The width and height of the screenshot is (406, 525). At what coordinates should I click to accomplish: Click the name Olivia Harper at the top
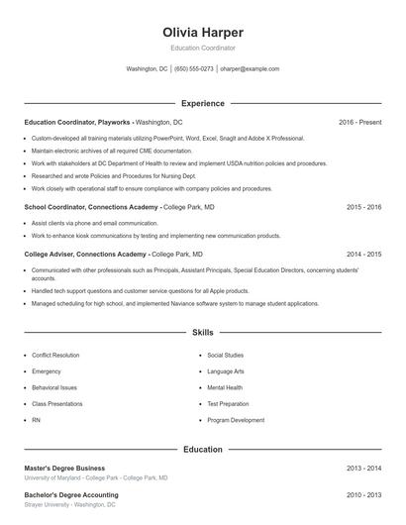pyautogui.click(x=203, y=33)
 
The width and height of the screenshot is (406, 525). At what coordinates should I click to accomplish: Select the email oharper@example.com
pyautogui.click(x=250, y=69)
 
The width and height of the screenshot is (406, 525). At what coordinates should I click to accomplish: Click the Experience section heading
pyautogui.click(x=203, y=103)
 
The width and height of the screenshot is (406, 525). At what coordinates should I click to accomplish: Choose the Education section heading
pyautogui.click(x=203, y=449)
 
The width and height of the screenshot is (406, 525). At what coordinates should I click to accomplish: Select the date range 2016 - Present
pyautogui.click(x=359, y=122)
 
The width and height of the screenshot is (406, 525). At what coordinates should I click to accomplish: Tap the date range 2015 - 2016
pyautogui.click(x=363, y=208)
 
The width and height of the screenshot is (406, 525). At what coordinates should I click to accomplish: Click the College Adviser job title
pyautogui.click(x=79, y=254)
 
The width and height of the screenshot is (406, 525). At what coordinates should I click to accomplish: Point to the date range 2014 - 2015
pyautogui.click(x=363, y=254)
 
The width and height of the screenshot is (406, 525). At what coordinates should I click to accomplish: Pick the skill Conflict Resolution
pyautogui.click(x=55, y=355)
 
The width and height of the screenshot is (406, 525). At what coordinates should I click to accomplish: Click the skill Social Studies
pyautogui.click(x=225, y=355)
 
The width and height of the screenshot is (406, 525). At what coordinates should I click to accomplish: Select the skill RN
pyautogui.click(x=36, y=420)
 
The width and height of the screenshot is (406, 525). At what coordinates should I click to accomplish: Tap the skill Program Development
pyautogui.click(x=236, y=420)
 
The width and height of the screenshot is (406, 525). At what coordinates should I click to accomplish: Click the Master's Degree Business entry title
pyautogui.click(x=64, y=468)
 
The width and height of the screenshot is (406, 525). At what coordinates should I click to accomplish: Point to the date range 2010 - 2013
pyautogui.click(x=363, y=494)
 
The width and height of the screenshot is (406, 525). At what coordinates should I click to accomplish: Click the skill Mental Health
pyautogui.click(x=224, y=387)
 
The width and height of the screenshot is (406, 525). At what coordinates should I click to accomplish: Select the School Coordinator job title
pyautogui.click(x=77, y=208)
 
